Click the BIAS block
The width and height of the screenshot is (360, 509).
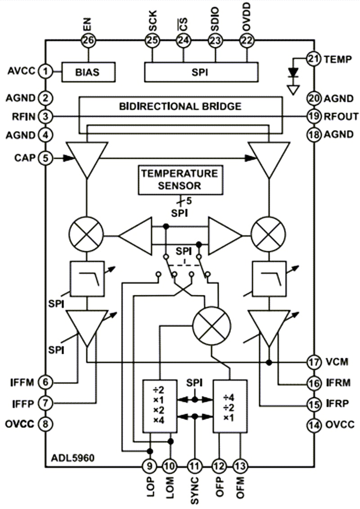(x=88, y=72)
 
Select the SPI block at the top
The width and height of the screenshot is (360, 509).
(x=201, y=72)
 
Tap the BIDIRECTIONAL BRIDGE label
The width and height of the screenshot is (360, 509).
(x=180, y=107)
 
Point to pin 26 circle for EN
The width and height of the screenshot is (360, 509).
(x=88, y=41)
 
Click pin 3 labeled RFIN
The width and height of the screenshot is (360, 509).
(x=45, y=117)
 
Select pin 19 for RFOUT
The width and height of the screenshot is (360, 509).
(x=314, y=117)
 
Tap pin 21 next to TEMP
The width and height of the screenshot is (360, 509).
(x=314, y=59)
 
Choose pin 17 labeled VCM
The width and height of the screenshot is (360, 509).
(x=314, y=362)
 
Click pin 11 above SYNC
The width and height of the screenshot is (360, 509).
(x=194, y=466)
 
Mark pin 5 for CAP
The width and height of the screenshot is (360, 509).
(x=45, y=158)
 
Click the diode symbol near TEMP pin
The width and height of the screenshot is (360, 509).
(x=293, y=72)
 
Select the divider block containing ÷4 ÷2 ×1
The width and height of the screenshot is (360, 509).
(x=229, y=406)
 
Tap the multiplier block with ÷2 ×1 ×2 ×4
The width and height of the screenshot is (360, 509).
(x=159, y=406)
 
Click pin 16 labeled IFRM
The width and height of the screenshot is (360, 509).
(x=314, y=383)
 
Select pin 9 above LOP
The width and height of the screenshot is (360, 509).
(x=149, y=466)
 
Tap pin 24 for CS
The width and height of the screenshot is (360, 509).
(x=183, y=41)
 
